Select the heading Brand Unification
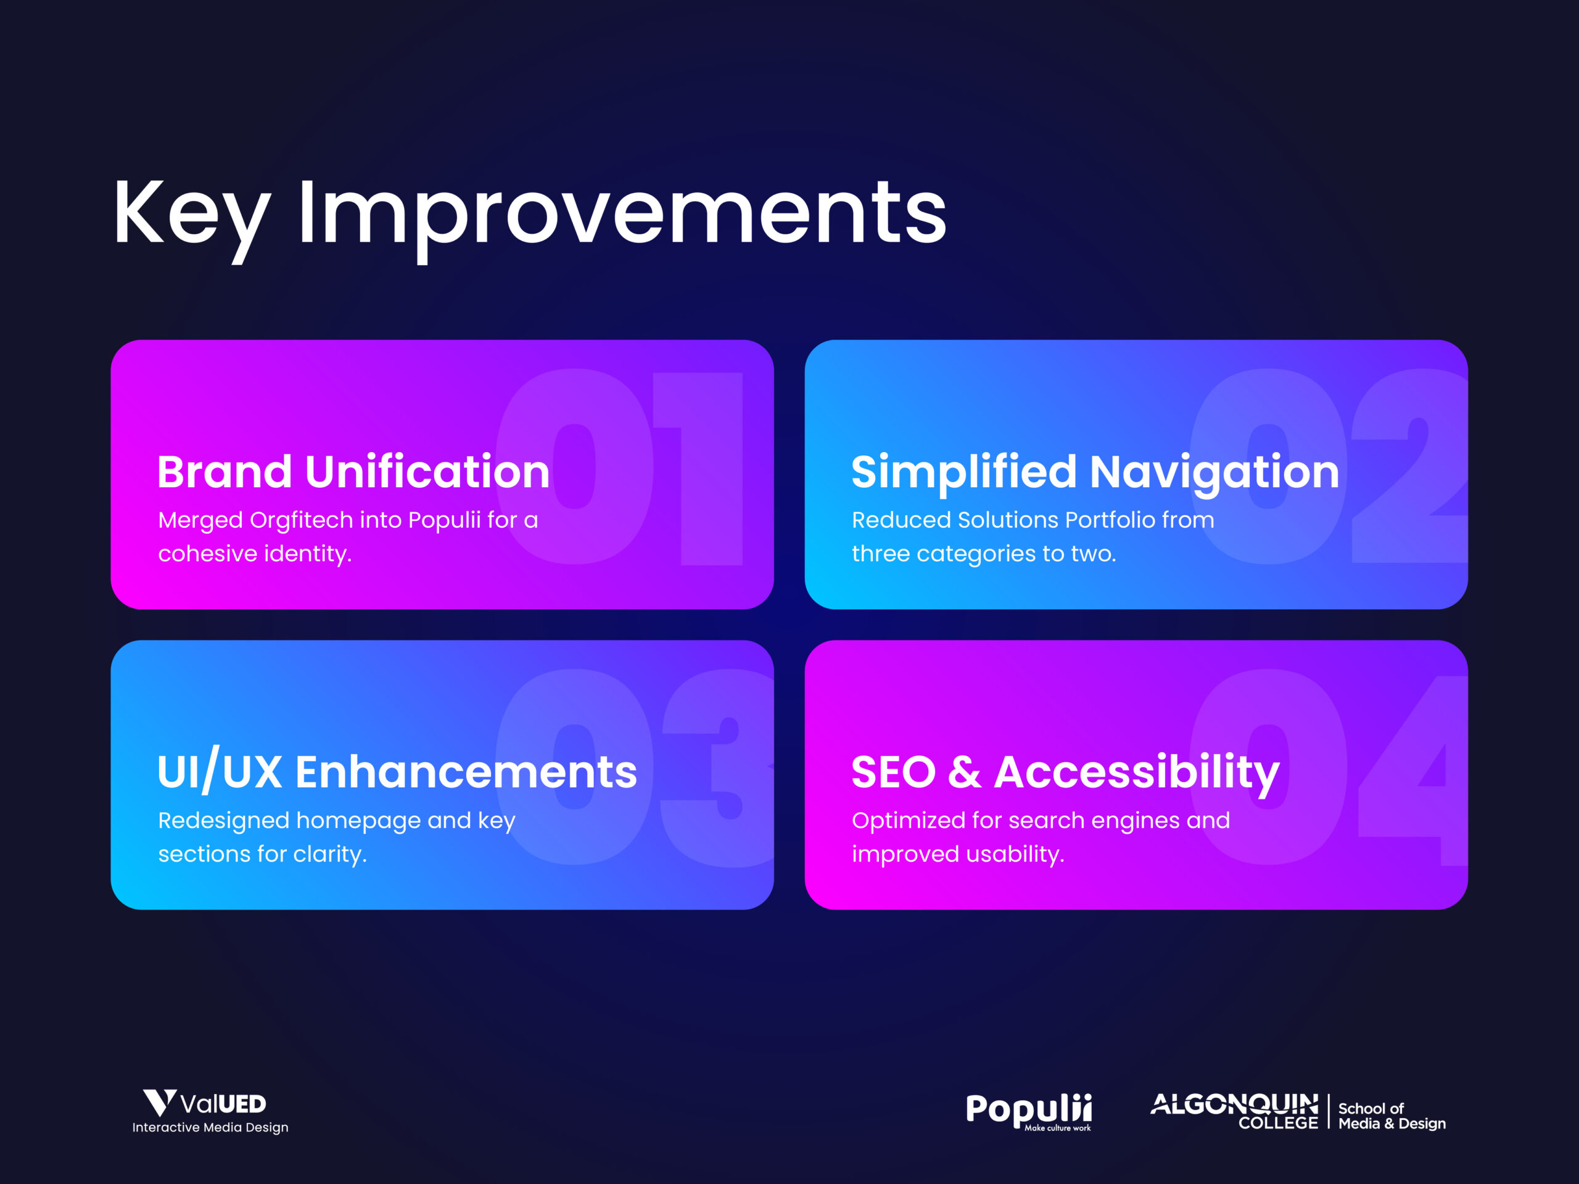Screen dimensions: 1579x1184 (x=353, y=472)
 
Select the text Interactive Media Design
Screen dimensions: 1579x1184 (x=210, y=1128)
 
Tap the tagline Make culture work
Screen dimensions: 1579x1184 (x=1057, y=1128)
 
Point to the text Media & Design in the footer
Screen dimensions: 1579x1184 (x=1392, y=1124)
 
